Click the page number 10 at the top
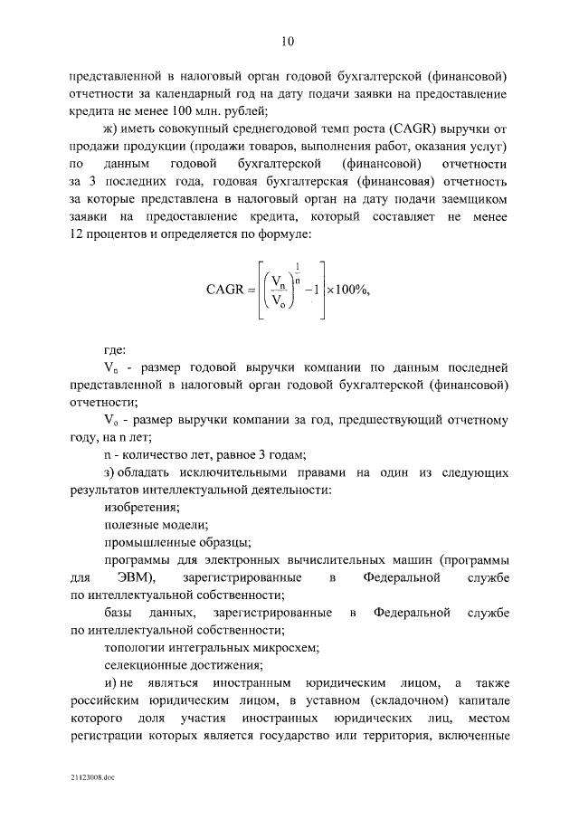pos(289,41)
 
